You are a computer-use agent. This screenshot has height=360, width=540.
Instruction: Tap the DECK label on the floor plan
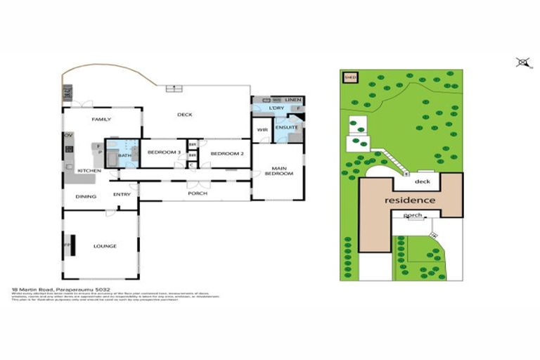(x=184, y=115)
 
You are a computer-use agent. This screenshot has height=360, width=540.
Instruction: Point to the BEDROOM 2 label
(x=226, y=153)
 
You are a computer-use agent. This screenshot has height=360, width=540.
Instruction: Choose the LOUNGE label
(x=105, y=245)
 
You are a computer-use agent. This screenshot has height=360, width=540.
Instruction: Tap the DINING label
(x=86, y=196)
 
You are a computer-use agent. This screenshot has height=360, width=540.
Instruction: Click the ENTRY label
(x=122, y=195)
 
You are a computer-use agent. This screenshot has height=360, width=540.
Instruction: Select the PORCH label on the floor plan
(x=197, y=193)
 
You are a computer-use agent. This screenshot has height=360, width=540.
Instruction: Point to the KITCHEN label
(x=89, y=171)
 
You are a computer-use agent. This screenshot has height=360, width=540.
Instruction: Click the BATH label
(x=124, y=155)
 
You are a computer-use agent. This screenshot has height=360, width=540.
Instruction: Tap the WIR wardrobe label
(x=262, y=130)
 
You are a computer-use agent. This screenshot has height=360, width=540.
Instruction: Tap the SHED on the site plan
(x=348, y=77)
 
